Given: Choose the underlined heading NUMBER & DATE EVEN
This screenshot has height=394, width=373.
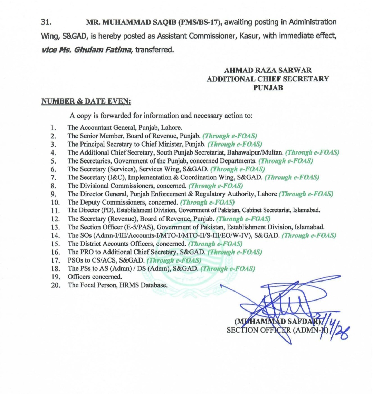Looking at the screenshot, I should [x=86, y=101].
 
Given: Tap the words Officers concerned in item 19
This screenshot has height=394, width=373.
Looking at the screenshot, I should [x=95, y=277].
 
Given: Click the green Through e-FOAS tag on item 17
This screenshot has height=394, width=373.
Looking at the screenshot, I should [x=174, y=260].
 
